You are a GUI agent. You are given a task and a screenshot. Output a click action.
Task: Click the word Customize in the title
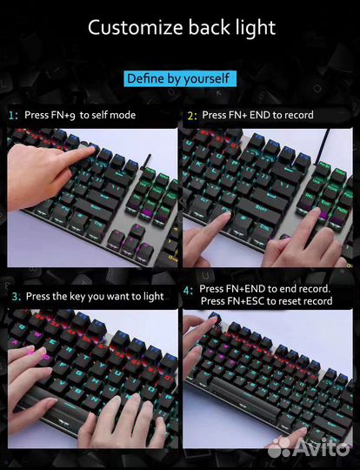click(136, 28)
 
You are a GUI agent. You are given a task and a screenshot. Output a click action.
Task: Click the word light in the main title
click(256, 28)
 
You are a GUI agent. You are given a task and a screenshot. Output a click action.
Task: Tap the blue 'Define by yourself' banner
click(180, 79)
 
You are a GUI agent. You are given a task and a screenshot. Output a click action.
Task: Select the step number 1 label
click(13, 116)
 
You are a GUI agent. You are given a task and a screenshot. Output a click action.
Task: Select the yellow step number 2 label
click(192, 116)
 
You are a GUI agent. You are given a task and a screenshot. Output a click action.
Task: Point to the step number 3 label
click(17, 297)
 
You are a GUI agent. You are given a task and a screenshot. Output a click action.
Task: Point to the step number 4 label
click(188, 291)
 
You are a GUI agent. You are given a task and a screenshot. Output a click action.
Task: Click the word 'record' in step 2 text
click(299, 115)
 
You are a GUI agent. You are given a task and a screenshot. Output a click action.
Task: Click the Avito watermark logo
click(309, 448)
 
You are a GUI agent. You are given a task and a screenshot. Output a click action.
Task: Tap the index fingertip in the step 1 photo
click(90, 149)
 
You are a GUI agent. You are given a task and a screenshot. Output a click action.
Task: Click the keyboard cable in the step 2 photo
click(323, 146)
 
